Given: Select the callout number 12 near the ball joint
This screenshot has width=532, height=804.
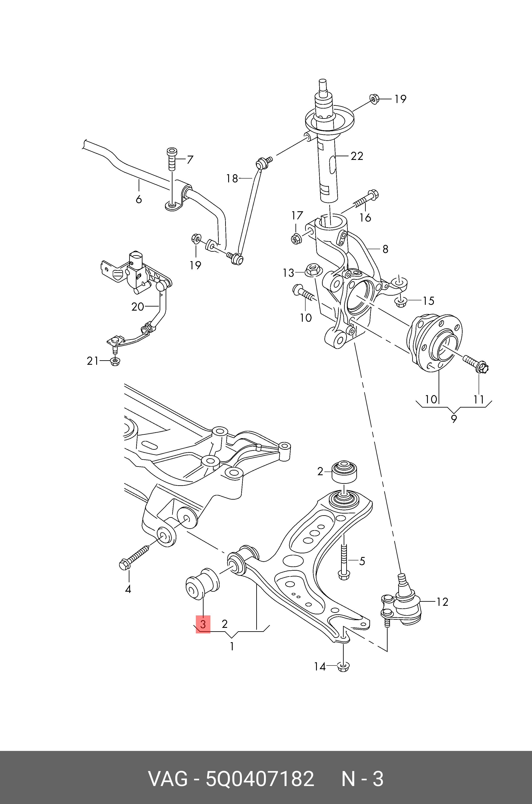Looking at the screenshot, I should pyautogui.click(x=442, y=602).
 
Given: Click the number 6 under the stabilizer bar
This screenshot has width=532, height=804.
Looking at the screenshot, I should pyautogui.click(x=138, y=199).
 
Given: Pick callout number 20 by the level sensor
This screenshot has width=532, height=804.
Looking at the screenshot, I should pyautogui.click(x=138, y=307).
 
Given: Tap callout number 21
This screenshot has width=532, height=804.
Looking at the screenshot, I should pyautogui.click(x=92, y=361).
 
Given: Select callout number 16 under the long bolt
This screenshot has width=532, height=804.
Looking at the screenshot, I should pyautogui.click(x=365, y=218).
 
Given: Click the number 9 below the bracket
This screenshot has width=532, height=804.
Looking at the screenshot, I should pyautogui.click(x=454, y=419).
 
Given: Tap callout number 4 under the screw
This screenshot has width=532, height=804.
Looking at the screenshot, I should pyautogui.click(x=128, y=589).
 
